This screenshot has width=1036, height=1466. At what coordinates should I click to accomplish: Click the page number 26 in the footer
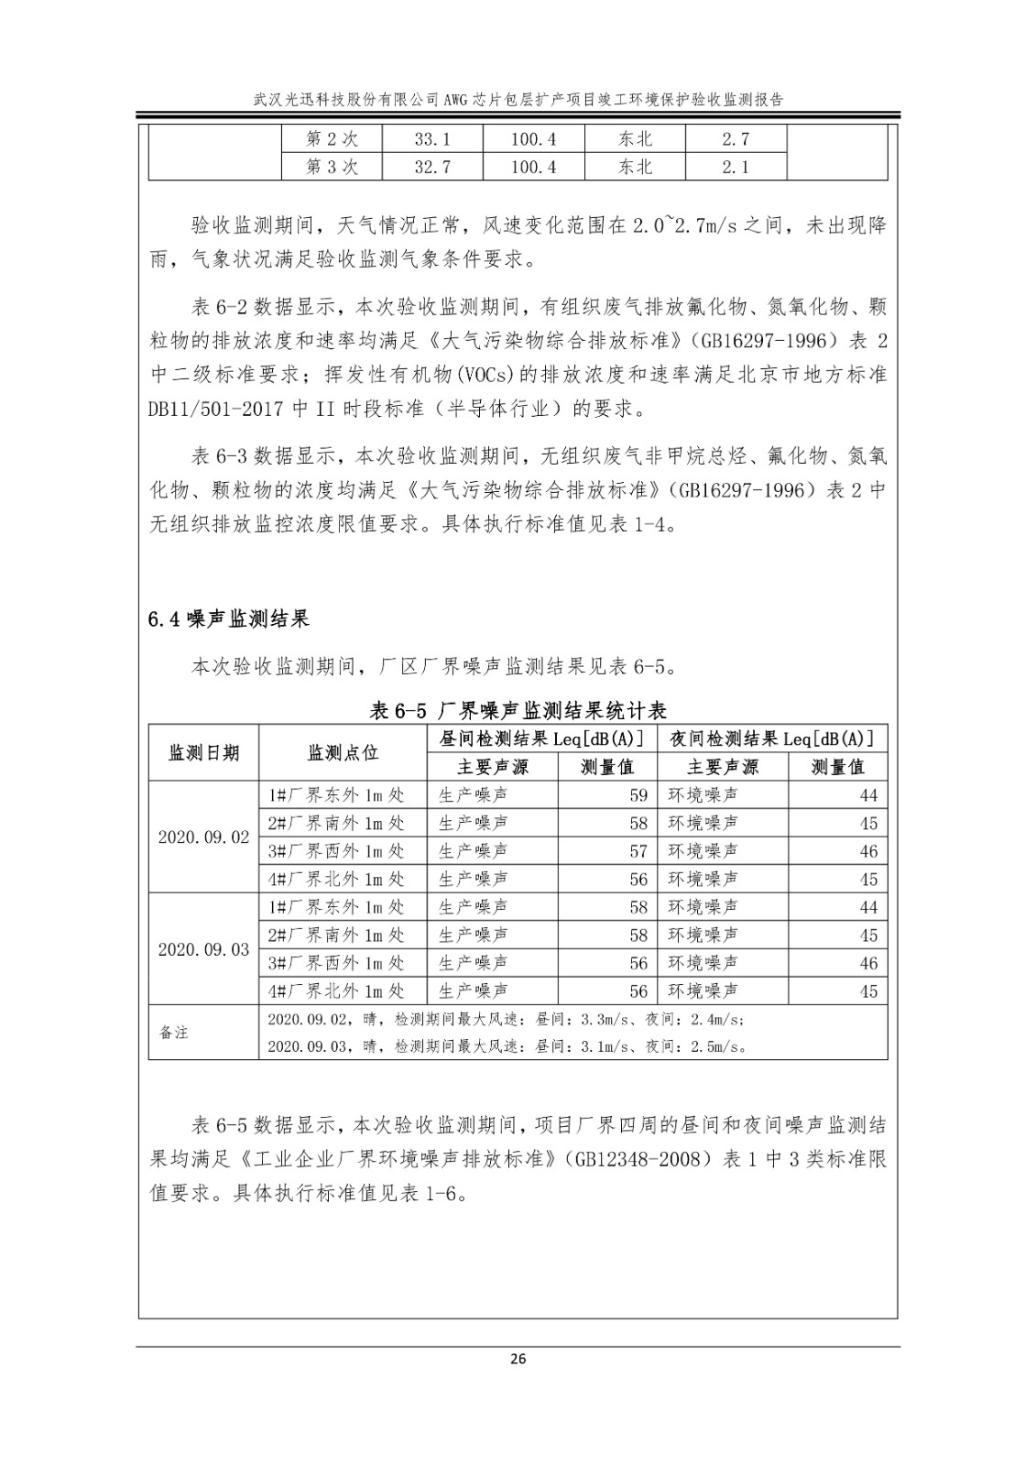tap(518, 1359)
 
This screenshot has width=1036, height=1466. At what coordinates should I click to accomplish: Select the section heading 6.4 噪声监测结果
tap(228, 619)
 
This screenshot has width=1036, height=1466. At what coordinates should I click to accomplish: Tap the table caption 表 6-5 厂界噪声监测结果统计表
tap(518, 710)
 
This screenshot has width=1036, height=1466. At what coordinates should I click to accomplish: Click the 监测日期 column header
tap(203, 752)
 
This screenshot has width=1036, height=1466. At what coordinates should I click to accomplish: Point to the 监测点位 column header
tap(343, 752)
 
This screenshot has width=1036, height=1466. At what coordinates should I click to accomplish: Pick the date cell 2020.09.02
tap(203, 837)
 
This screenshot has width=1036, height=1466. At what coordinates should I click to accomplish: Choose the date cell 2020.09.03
tap(203, 949)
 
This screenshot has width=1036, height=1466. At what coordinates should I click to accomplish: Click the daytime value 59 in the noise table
tap(638, 795)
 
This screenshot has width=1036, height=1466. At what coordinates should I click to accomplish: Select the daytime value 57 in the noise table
tap(638, 851)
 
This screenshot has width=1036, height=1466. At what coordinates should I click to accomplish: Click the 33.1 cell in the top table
tap(432, 139)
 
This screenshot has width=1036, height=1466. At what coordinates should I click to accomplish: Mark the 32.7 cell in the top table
tap(432, 167)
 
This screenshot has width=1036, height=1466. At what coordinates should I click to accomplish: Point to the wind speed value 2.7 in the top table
tap(735, 139)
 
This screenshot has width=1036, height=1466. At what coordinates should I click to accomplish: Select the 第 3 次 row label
tap(332, 167)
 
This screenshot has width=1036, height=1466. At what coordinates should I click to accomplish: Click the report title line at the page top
tap(518, 100)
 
